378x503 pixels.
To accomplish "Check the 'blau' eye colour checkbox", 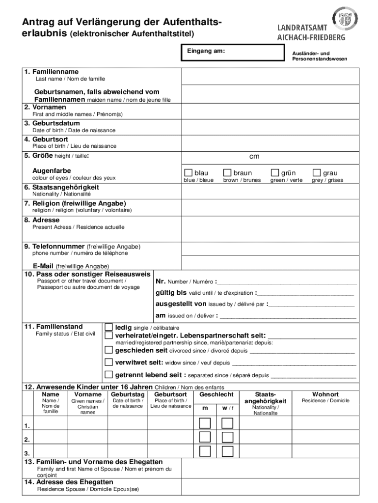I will (x=188, y=172).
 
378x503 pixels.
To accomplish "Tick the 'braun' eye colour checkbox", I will (x=227, y=172).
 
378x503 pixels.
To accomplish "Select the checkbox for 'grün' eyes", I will (x=275, y=172).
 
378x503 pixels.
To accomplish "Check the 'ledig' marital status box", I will (x=109, y=327).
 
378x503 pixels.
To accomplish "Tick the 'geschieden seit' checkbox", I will (x=109, y=350).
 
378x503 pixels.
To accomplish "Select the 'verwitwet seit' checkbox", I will (x=109, y=363).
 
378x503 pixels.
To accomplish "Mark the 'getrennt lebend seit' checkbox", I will (x=109, y=375).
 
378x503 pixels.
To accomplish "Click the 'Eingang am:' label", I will (x=206, y=51).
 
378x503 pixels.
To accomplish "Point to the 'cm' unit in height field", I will (x=254, y=157).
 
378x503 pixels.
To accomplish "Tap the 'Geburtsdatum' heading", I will (x=56, y=123).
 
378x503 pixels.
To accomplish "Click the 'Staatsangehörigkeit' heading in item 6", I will (x=65, y=187).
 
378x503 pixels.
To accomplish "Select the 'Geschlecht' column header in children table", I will (x=216, y=394).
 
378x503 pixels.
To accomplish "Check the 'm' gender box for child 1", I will (x=205, y=423).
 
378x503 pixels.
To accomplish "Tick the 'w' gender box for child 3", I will (x=227, y=451).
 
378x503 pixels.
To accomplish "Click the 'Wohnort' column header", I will (x=325, y=394).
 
